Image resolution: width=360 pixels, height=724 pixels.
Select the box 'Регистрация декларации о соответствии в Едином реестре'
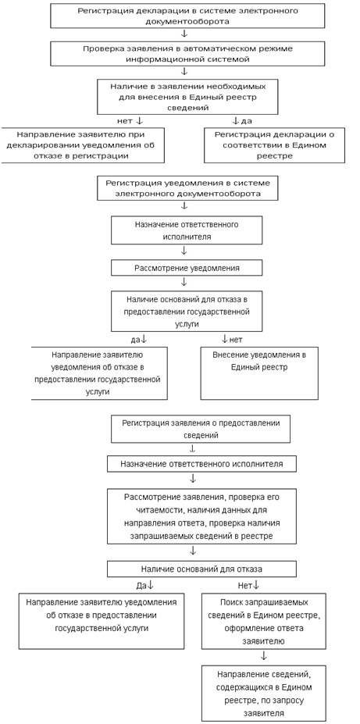pos(274,145)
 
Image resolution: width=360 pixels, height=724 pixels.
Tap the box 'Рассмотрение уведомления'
pos(187,268)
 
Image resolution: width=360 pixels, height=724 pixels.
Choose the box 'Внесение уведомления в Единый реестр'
pos(259,373)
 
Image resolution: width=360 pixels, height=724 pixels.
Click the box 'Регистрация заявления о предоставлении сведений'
pos(201,429)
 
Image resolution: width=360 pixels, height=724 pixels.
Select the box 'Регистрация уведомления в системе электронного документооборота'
pos(187,188)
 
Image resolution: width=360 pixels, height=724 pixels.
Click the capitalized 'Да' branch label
pos(144,585)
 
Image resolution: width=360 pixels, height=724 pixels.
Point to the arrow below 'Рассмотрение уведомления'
pos(184,281)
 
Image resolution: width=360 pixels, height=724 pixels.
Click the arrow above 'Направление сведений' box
pos(263,655)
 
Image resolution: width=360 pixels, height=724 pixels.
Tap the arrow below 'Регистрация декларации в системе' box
pos(184,34)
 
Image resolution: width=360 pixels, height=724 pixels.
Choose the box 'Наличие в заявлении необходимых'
pos(187,97)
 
